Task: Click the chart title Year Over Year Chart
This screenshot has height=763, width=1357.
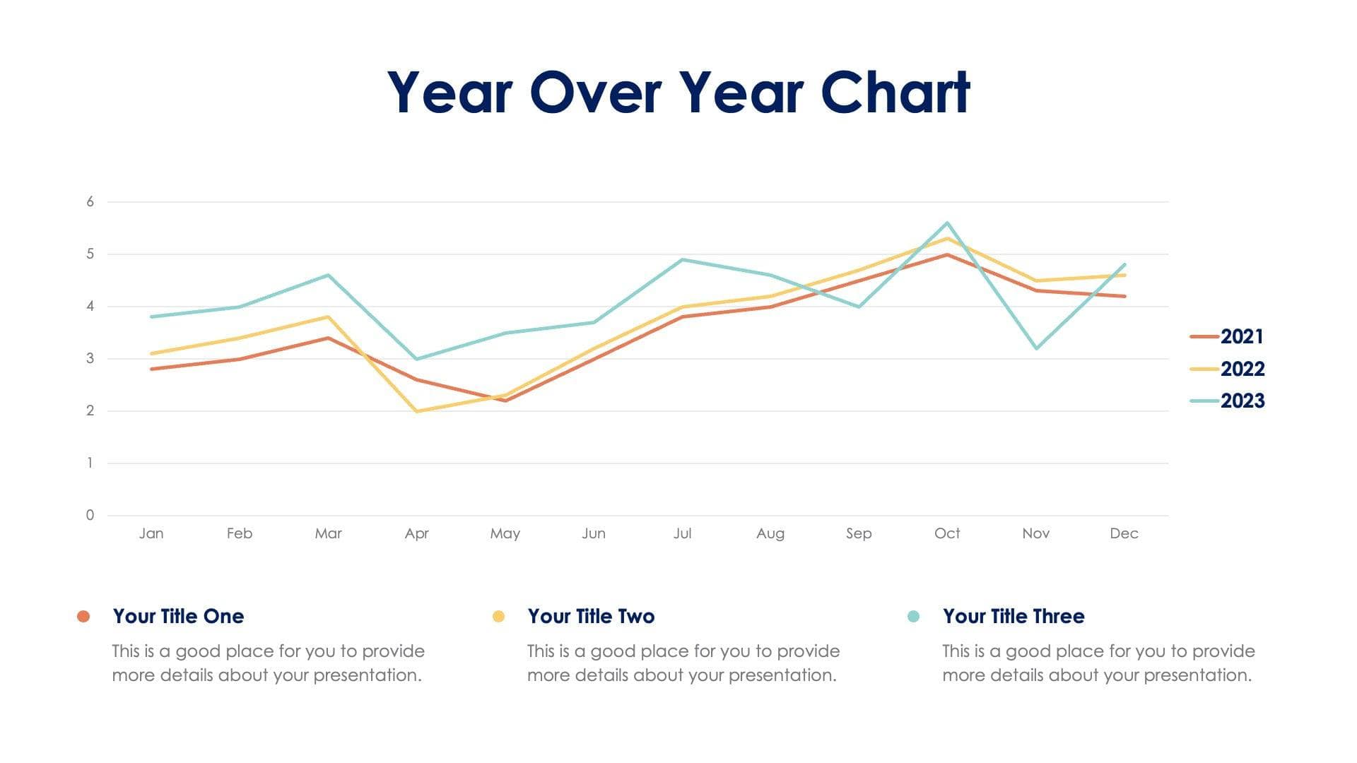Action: [x=678, y=93]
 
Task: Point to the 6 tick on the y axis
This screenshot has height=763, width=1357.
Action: [x=90, y=202]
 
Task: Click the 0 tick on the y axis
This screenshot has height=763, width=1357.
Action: [x=90, y=515]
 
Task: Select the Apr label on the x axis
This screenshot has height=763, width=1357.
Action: [x=416, y=533]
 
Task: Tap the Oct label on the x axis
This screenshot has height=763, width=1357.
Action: [x=947, y=533]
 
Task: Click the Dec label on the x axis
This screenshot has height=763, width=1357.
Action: [x=1124, y=533]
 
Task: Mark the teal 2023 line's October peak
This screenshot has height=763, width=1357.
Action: [x=947, y=223]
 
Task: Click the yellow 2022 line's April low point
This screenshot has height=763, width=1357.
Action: [x=417, y=411]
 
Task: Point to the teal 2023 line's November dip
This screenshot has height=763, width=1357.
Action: [x=1036, y=348]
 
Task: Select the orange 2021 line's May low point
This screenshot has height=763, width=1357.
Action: [x=505, y=401]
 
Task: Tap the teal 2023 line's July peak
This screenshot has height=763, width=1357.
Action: [x=682, y=259]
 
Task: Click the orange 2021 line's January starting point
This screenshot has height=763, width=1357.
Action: [x=151, y=369]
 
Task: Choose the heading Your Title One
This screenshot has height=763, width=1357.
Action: [x=178, y=616]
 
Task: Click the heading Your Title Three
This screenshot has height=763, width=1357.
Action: [x=1013, y=616]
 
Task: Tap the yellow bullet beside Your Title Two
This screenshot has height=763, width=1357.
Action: [x=498, y=616]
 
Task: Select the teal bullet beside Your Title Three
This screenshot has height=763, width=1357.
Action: [x=913, y=616]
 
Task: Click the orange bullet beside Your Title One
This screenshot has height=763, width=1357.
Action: [x=83, y=616]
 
